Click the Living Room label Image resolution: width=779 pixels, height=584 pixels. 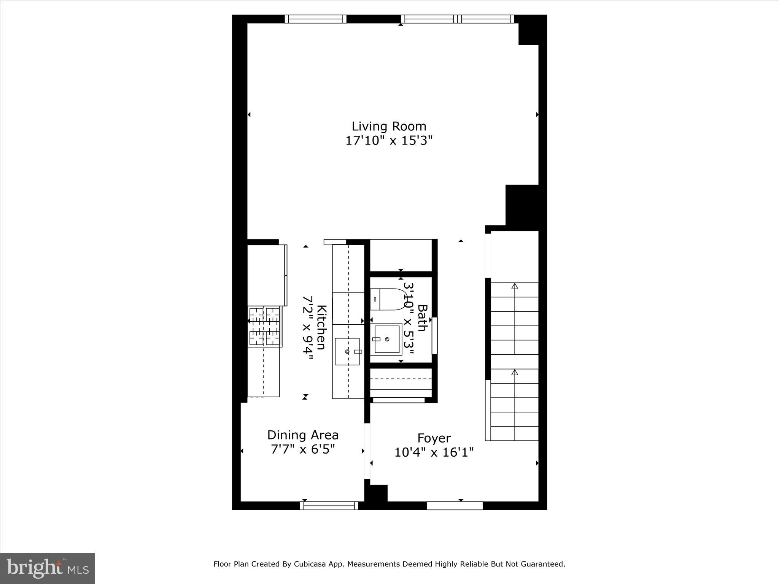pyautogui.click(x=389, y=126)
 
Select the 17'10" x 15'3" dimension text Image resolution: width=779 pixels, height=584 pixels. pyautogui.click(x=389, y=141)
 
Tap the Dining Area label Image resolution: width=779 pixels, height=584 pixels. pyautogui.click(x=303, y=435)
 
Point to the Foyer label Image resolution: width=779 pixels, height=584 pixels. pyautogui.click(x=434, y=438)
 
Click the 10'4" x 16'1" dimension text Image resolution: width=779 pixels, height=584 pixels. pyautogui.click(x=434, y=452)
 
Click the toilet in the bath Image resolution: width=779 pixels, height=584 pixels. pyautogui.click(x=387, y=299)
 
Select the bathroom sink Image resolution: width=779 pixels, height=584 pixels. pyautogui.click(x=386, y=339)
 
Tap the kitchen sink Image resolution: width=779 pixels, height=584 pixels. pyautogui.click(x=347, y=351)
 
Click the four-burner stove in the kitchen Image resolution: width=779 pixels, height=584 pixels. pyautogui.click(x=265, y=327)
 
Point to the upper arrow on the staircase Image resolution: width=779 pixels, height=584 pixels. pyautogui.click(x=515, y=286)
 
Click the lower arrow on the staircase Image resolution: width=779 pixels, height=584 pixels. pyautogui.click(x=515, y=372)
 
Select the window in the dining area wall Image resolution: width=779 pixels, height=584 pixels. pyautogui.click(x=329, y=505)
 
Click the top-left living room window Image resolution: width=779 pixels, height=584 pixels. pyautogui.click(x=316, y=19)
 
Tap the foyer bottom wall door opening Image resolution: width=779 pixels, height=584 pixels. pyautogui.click(x=455, y=506)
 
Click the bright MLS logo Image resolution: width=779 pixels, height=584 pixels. pyautogui.click(x=48, y=568)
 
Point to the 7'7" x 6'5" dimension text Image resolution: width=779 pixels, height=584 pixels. pyautogui.click(x=303, y=449)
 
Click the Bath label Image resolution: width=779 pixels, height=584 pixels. pyautogui.click(x=422, y=318)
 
